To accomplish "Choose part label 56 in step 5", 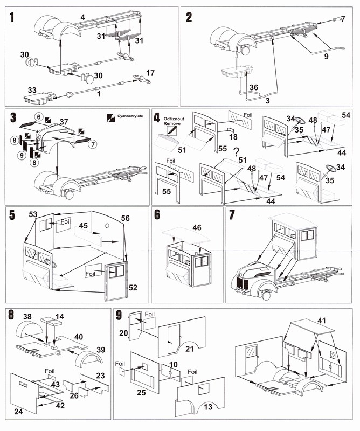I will (x=126, y=218).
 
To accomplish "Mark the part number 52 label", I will (x=133, y=288).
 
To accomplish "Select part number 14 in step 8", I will (x=59, y=317).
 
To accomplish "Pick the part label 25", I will (x=142, y=393).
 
